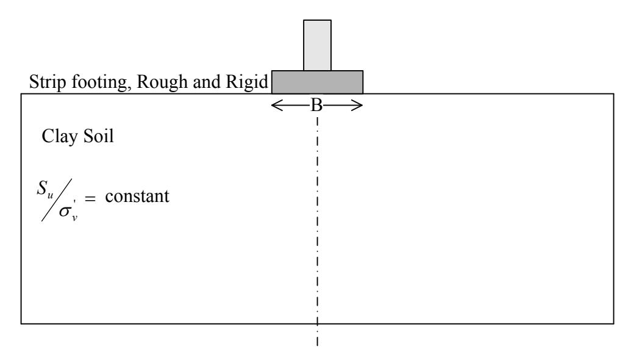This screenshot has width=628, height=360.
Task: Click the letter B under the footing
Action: [316, 106]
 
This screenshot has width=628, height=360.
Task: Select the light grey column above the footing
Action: [317, 45]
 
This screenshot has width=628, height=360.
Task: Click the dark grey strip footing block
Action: [317, 82]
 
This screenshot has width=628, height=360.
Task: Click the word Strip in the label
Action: [48, 82]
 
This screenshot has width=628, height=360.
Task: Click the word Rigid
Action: [247, 82]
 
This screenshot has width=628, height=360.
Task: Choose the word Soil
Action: [99, 136]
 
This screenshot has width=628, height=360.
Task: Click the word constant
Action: [137, 196]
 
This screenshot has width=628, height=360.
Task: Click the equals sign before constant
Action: [90, 198]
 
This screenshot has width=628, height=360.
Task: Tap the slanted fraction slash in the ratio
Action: [57, 200]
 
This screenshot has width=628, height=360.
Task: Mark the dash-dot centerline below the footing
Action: [317, 231]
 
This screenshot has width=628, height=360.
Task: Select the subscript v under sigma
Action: [75, 218]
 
